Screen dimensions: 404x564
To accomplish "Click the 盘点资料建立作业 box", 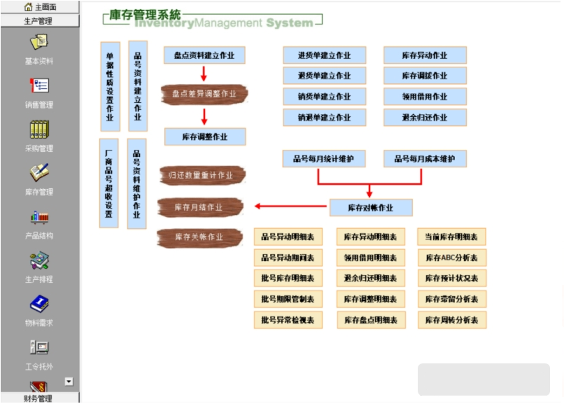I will click(204, 55).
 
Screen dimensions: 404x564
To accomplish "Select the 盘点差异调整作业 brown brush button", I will click(204, 94).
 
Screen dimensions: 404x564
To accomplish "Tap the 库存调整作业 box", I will click(205, 137).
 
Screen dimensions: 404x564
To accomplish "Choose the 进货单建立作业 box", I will click(324, 55).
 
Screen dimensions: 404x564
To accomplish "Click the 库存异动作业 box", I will click(425, 55).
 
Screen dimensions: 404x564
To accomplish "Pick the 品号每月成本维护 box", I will click(425, 159).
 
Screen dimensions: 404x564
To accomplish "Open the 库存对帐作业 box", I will click(371, 207).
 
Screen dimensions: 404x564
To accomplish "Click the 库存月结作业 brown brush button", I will click(200, 207).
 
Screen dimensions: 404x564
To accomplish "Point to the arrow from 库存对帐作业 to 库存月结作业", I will click(290, 207).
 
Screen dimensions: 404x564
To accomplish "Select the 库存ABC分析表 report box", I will click(451, 258).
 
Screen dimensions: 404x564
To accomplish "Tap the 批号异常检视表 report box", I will click(288, 320).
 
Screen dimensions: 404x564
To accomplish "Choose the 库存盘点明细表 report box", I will click(370, 320).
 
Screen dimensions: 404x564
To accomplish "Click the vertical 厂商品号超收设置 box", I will click(109, 183).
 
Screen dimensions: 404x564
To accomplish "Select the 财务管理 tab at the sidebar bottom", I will click(38, 398).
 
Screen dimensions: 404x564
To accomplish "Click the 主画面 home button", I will click(38, 7).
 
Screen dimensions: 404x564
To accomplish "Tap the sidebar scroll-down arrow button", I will click(69, 382).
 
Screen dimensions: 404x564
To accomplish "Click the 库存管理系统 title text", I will click(145, 15).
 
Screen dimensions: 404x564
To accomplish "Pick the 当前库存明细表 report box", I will click(451, 237).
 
